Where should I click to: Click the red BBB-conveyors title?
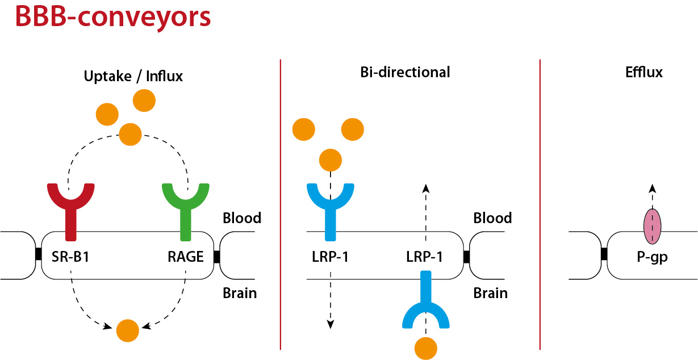113,17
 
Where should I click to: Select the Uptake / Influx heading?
133,76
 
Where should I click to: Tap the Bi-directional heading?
405,72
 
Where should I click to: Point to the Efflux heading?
644,72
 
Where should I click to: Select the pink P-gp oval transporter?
652,227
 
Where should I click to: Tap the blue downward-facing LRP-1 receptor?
425,308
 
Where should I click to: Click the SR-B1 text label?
70,257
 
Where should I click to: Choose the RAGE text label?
186,257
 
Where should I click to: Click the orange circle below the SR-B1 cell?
128,330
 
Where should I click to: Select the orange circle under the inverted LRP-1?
425,349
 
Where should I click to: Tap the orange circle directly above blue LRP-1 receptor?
331,160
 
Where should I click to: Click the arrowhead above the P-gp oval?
653,188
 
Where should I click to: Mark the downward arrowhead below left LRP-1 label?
331,324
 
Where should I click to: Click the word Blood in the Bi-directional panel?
492,218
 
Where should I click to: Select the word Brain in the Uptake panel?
240,294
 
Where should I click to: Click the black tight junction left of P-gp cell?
604,254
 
